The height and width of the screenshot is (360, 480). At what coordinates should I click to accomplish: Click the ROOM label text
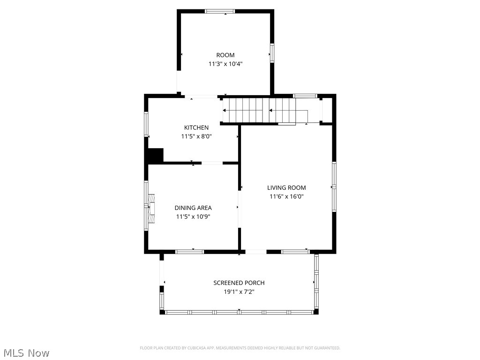pyautogui.click(x=225, y=55)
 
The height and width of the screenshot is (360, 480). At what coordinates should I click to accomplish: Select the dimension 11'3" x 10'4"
pyautogui.click(x=225, y=64)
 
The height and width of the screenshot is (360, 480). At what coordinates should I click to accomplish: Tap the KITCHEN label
pyautogui.click(x=196, y=127)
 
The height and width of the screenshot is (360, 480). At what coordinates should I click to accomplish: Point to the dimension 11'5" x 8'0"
pyautogui.click(x=196, y=136)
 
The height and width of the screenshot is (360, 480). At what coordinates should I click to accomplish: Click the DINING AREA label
pyautogui.click(x=193, y=208)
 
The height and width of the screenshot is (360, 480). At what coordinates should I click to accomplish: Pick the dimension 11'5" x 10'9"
pyautogui.click(x=193, y=217)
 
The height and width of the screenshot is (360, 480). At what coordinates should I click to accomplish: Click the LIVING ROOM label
pyautogui.click(x=286, y=187)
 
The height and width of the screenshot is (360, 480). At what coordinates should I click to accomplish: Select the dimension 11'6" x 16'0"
pyautogui.click(x=286, y=197)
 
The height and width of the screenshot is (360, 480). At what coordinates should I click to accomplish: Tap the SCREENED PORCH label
pyautogui.click(x=239, y=283)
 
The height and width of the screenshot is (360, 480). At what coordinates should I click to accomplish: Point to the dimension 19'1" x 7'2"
pyautogui.click(x=239, y=292)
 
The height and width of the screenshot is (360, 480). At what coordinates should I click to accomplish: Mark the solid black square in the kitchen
pyautogui.click(x=156, y=155)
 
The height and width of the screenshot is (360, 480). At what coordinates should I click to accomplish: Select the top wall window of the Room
pyautogui.click(x=220, y=11)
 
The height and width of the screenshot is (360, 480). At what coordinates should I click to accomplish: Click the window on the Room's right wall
pyautogui.click(x=271, y=53)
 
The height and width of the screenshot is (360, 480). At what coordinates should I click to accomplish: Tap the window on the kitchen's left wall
pyautogui.click(x=146, y=124)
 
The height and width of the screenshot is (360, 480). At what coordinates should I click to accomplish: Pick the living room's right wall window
pyautogui.click(x=334, y=187)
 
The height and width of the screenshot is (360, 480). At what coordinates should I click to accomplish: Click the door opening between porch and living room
pyautogui.click(x=256, y=252)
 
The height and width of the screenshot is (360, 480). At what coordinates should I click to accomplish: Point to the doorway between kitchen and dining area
pyautogui.click(x=212, y=163)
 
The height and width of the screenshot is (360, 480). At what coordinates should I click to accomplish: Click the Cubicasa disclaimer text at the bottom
pyautogui.click(x=240, y=348)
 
